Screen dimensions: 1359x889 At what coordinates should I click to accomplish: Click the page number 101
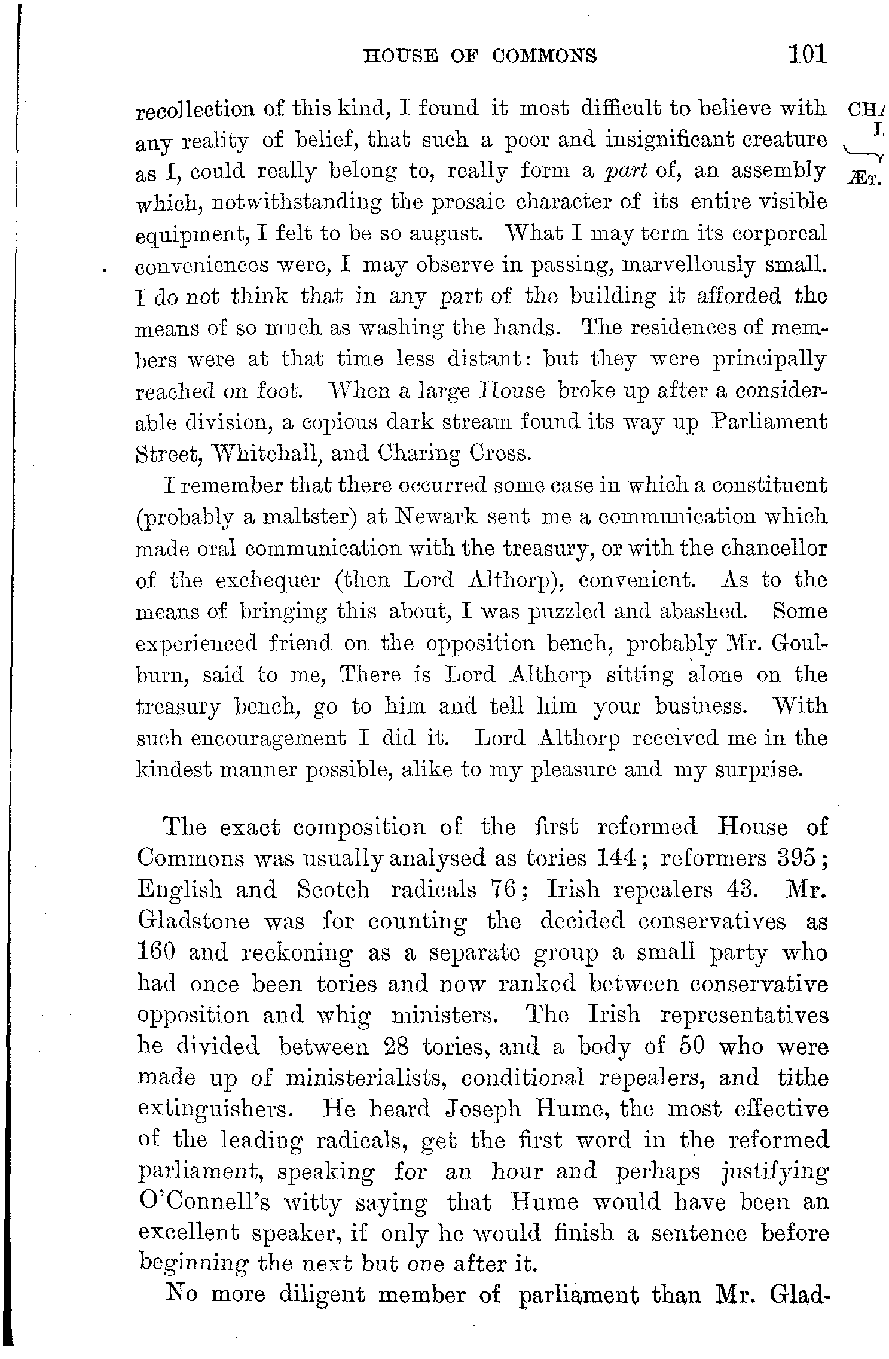(x=807, y=54)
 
